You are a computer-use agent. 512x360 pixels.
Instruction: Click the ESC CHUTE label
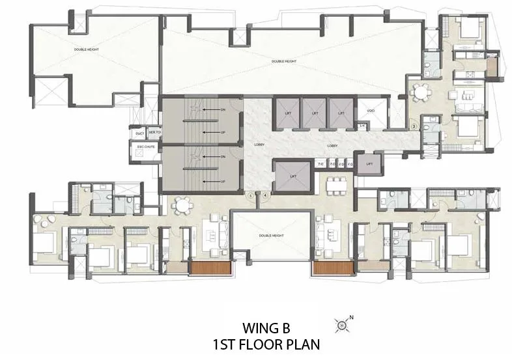point(145,148)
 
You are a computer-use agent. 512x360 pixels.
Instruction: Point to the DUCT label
point(139,133)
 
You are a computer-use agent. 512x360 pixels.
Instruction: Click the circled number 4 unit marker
point(265,194)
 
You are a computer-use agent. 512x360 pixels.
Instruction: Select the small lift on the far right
point(369,164)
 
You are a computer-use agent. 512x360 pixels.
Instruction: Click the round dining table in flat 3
point(421,93)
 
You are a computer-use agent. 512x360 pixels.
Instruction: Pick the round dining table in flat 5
point(182,206)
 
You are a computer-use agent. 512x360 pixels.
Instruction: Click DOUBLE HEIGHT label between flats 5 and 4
point(270,236)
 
